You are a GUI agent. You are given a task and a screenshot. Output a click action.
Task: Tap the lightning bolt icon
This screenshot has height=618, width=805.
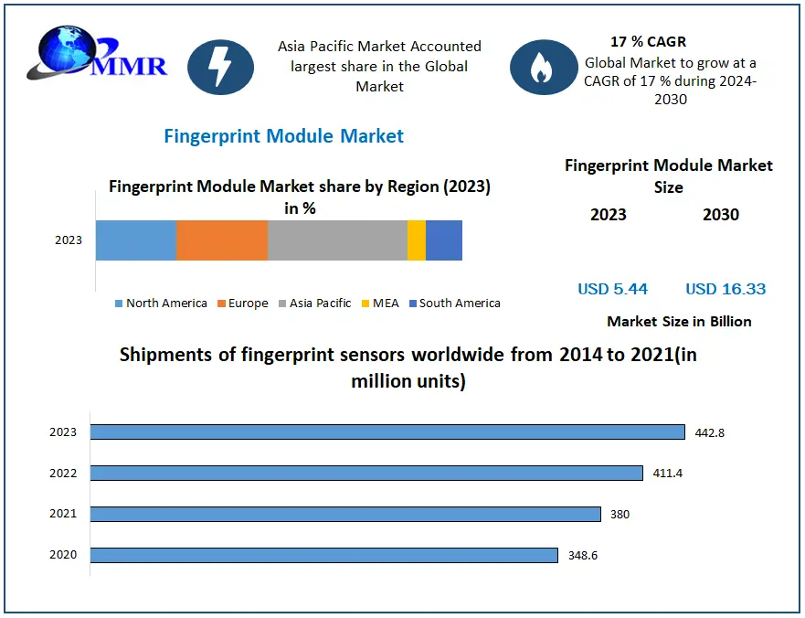click(x=220, y=67)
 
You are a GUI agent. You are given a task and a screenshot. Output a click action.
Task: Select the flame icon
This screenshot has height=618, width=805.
click(x=544, y=67)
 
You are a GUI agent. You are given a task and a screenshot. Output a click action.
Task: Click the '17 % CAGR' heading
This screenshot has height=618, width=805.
click(x=648, y=42)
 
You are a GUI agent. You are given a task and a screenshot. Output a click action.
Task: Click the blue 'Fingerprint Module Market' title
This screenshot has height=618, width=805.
click(x=283, y=136)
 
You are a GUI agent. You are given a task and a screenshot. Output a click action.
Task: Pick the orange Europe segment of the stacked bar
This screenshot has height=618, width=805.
click(x=221, y=240)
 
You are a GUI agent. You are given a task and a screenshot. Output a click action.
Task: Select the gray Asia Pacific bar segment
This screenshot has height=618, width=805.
click(x=337, y=240)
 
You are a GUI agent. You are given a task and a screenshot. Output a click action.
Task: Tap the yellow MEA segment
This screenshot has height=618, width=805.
click(x=417, y=240)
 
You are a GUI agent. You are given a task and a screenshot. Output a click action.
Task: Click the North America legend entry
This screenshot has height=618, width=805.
click(x=161, y=304)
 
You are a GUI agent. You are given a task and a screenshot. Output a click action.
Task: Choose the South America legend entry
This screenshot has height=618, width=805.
click(x=454, y=304)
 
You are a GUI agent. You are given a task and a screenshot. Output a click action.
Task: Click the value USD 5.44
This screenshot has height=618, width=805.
click(x=612, y=289)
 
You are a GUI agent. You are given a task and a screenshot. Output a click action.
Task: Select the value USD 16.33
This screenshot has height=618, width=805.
click(x=726, y=289)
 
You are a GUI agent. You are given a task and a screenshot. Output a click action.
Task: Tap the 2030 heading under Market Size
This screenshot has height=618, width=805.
click(x=721, y=215)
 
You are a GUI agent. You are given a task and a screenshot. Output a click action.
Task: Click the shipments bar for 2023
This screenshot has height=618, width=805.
click(x=387, y=432)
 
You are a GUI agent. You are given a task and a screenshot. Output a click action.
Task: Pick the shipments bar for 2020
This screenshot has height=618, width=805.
click(x=323, y=555)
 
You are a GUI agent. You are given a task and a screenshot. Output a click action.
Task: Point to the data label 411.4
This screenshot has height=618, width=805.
click(x=667, y=474)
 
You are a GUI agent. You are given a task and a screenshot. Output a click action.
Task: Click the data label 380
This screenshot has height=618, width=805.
click(x=620, y=515)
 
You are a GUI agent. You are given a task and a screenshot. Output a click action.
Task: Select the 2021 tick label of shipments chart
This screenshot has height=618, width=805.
click(x=63, y=514)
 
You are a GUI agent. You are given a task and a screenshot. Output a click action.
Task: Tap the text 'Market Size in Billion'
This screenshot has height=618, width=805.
click(x=679, y=322)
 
